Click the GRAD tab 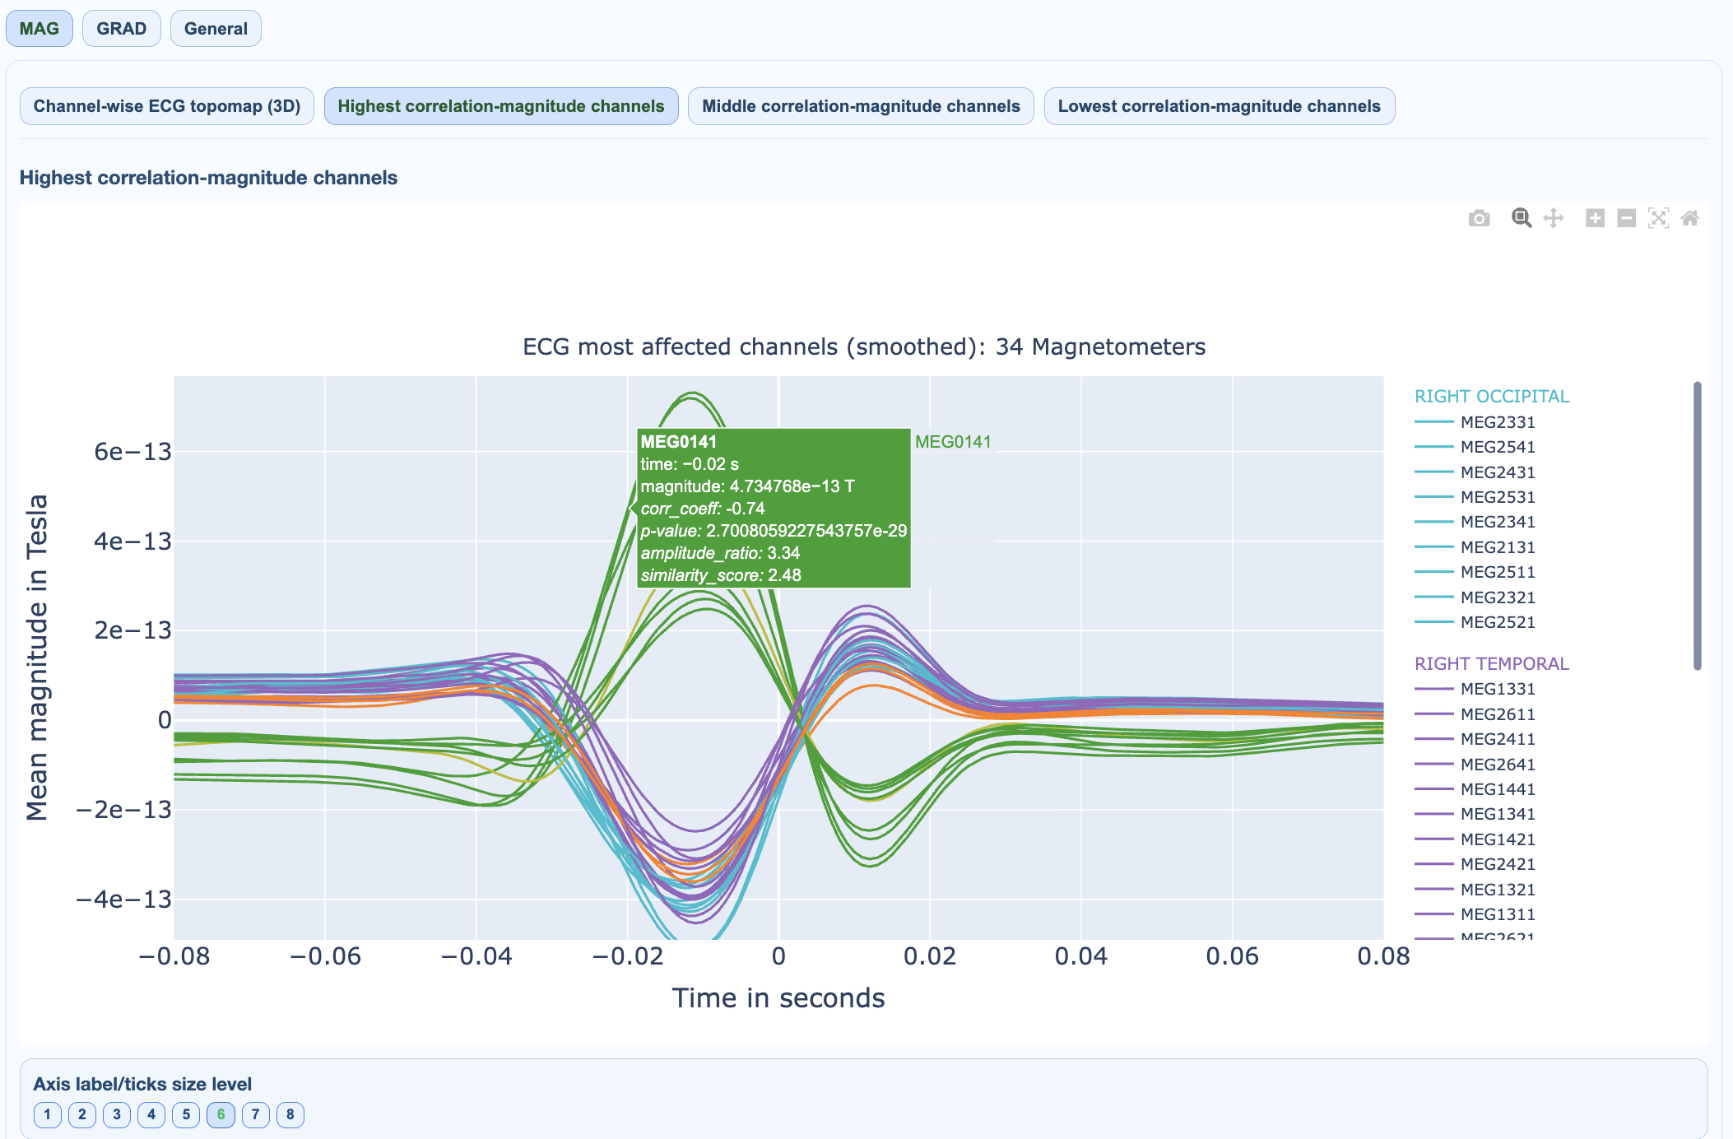tap(121, 29)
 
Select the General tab tap(216, 29)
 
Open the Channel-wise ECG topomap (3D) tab tap(166, 106)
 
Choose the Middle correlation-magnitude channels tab tap(860, 106)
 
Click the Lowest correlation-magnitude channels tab tap(1219, 106)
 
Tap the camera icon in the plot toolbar tap(1479, 218)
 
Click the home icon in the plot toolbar tap(1689, 218)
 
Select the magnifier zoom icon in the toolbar tap(1521, 218)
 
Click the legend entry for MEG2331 tap(1497, 422)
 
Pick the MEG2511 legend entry tap(1497, 572)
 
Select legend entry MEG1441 tap(1497, 789)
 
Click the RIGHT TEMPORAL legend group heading tap(1491, 663)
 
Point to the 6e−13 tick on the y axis tap(132, 452)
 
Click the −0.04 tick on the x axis tap(476, 956)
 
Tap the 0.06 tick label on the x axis tap(1232, 956)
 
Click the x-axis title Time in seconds tap(778, 998)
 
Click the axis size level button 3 tap(117, 1114)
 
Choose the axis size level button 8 tap(290, 1114)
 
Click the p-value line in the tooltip tap(774, 531)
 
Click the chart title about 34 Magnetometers tap(864, 347)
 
